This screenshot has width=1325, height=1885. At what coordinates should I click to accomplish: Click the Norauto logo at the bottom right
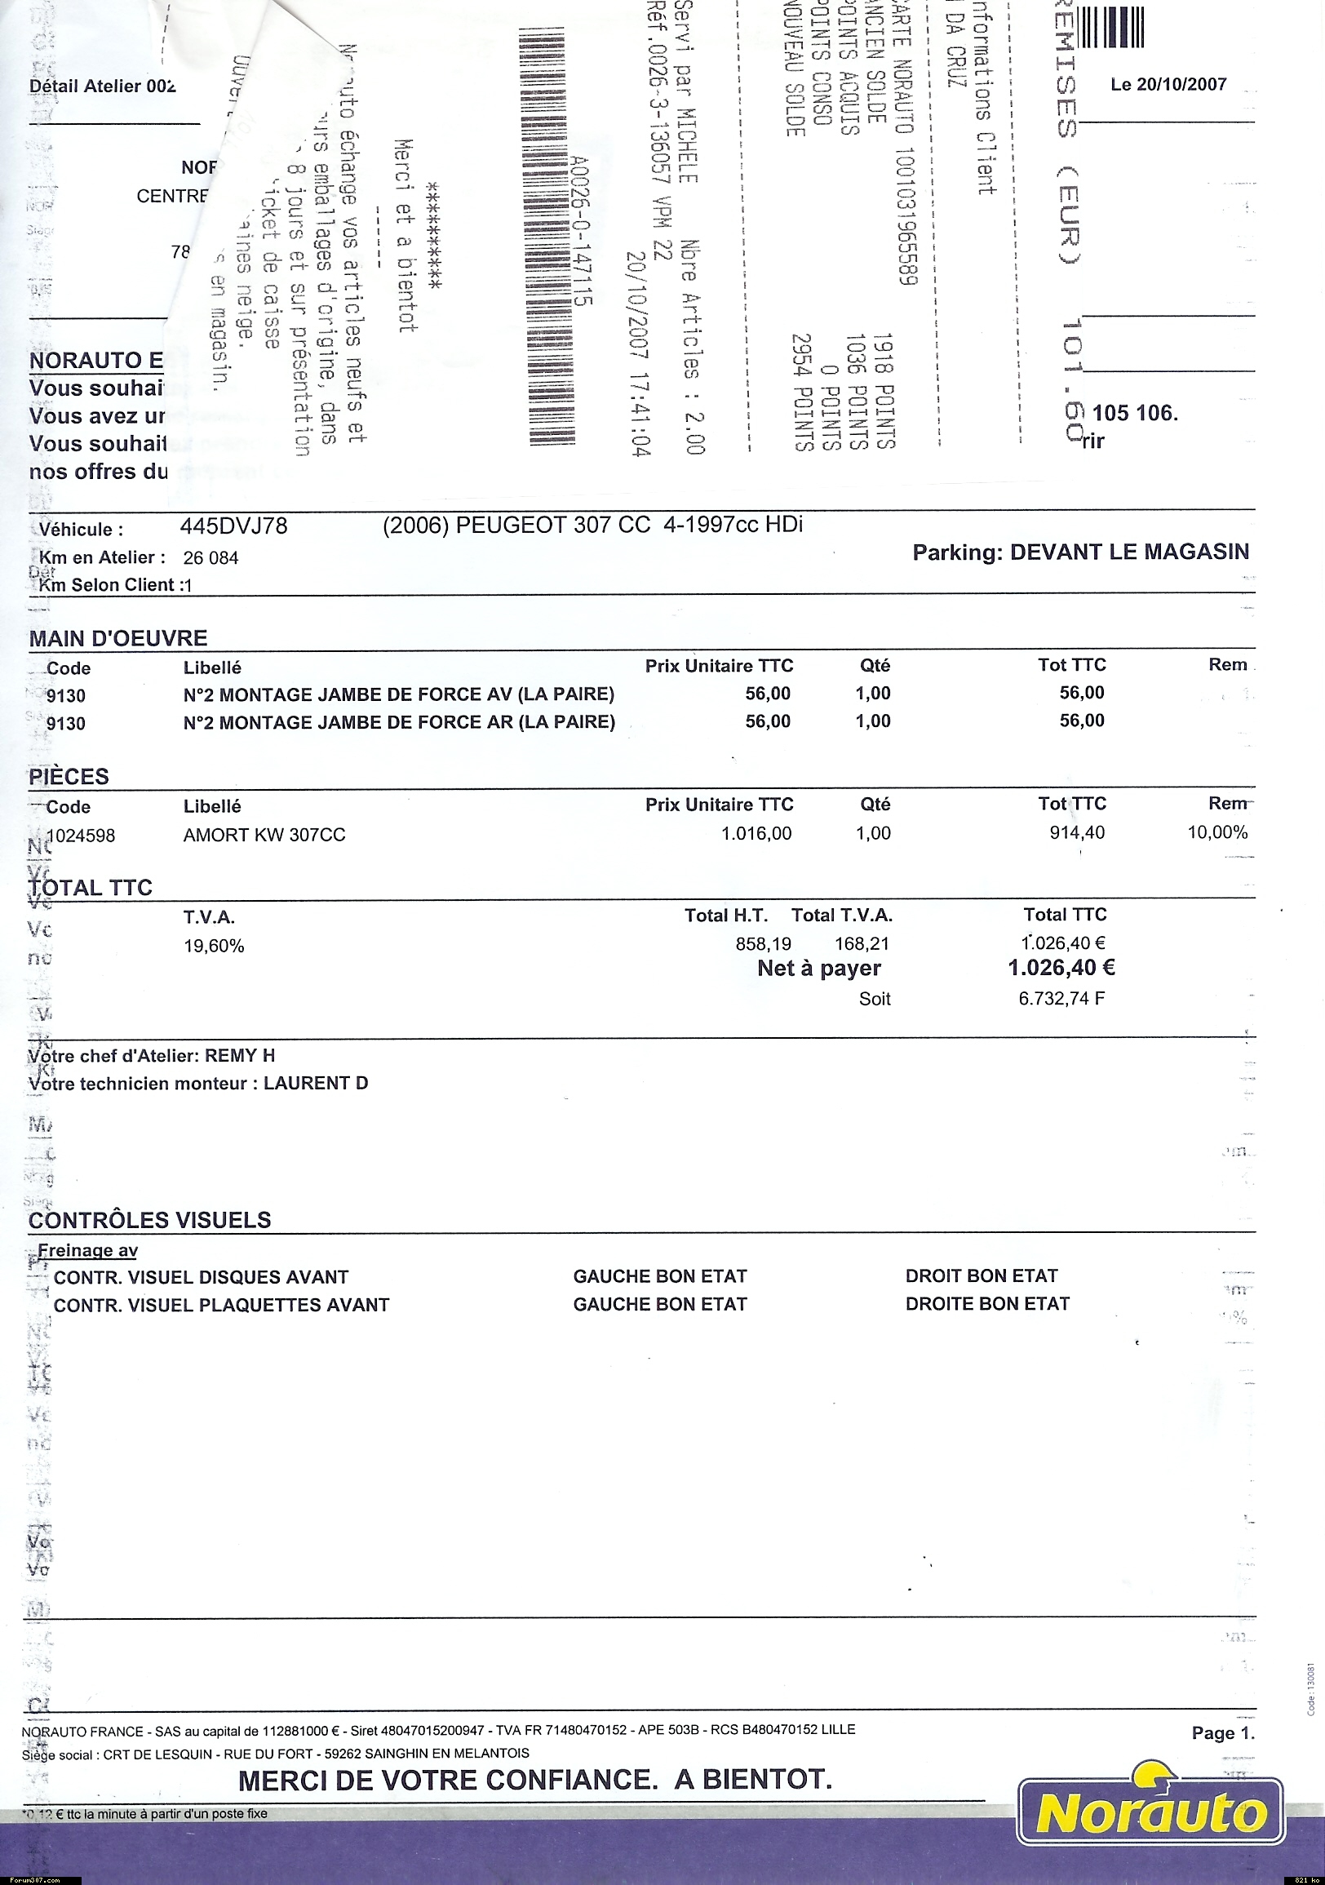[1150, 1813]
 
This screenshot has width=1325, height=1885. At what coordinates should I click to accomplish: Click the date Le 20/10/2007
[1168, 85]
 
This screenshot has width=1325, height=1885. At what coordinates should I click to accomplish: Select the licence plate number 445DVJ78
[234, 526]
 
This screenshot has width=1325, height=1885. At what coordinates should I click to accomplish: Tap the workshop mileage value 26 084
[211, 558]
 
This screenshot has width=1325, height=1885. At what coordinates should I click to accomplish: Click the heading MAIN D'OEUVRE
[118, 638]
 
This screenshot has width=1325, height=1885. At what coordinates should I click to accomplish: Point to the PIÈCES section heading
[69, 776]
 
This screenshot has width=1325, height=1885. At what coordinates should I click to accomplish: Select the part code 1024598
[81, 836]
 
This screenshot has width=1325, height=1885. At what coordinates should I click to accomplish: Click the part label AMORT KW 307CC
[264, 835]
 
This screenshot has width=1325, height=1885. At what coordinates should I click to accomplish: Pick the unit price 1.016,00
[756, 834]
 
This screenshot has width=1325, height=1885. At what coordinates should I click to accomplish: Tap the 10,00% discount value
[1216, 832]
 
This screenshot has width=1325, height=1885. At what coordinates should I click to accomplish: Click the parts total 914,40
[1077, 832]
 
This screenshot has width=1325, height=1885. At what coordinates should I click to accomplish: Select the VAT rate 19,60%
[214, 946]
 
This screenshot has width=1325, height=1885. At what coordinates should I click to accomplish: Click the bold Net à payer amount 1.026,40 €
[1061, 968]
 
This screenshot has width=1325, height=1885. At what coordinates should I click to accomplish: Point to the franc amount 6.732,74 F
[1061, 999]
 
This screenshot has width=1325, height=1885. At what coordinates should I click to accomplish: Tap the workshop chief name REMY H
[240, 1056]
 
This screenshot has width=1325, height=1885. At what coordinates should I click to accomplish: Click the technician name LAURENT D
[315, 1084]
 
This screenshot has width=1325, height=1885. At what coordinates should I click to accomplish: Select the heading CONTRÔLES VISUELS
[149, 1220]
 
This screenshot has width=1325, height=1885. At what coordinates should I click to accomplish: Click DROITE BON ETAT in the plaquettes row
[986, 1304]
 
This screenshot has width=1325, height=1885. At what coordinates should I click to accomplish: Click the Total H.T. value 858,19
[764, 944]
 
